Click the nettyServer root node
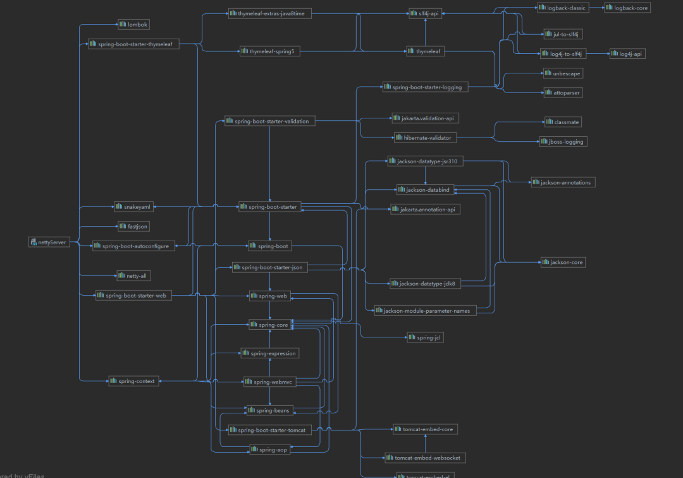[x=49, y=242]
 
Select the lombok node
[x=133, y=24]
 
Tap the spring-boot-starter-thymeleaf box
[x=133, y=44]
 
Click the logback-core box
[x=627, y=8]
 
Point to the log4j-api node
[x=627, y=54]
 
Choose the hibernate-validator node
[x=424, y=137]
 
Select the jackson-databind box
[x=424, y=189]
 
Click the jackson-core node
[x=562, y=261]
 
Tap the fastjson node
[x=133, y=226]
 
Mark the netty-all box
[x=133, y=275]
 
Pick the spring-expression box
[x=269, y=353]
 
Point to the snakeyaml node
[x=133, y=206]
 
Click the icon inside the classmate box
[x=549, y=122]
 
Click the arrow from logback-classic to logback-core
[x=598, y=8]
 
